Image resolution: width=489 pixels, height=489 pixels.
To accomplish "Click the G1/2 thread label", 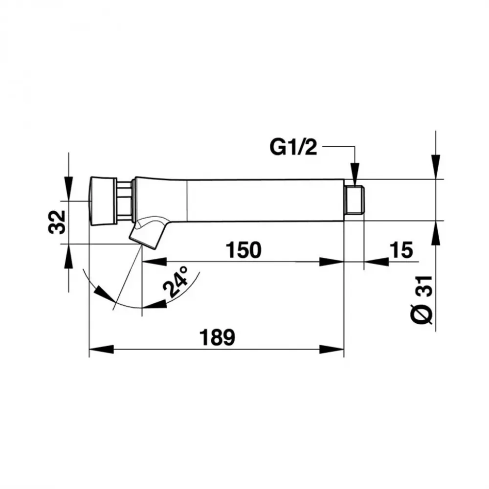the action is point(293,147).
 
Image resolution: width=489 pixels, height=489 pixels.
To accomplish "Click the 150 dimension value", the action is point(244,250).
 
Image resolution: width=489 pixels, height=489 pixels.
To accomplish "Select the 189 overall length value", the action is point(217,337).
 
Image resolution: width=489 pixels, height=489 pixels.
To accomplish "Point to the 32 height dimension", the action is point(57,222).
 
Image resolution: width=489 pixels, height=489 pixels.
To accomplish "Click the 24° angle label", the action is point(176,281).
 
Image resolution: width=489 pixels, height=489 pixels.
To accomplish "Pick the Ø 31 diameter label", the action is point(421,300).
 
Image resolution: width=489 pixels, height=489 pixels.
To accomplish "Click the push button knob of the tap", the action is point(103,201).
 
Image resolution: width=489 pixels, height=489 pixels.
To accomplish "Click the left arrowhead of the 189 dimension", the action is point(101,349).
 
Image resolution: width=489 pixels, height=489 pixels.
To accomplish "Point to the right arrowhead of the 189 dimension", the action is point(332,349).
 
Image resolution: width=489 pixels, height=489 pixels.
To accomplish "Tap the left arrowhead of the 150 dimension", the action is point(154,262).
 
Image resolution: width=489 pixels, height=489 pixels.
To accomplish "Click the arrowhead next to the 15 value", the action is point(377,262).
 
